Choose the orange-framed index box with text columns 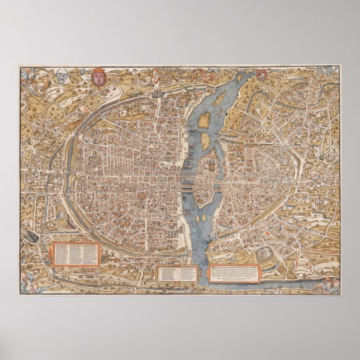[x=76, y=254]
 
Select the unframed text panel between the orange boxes [x=177, y=273]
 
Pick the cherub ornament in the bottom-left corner [x=28, y=286]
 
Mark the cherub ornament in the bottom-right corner [x=332, y=284]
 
